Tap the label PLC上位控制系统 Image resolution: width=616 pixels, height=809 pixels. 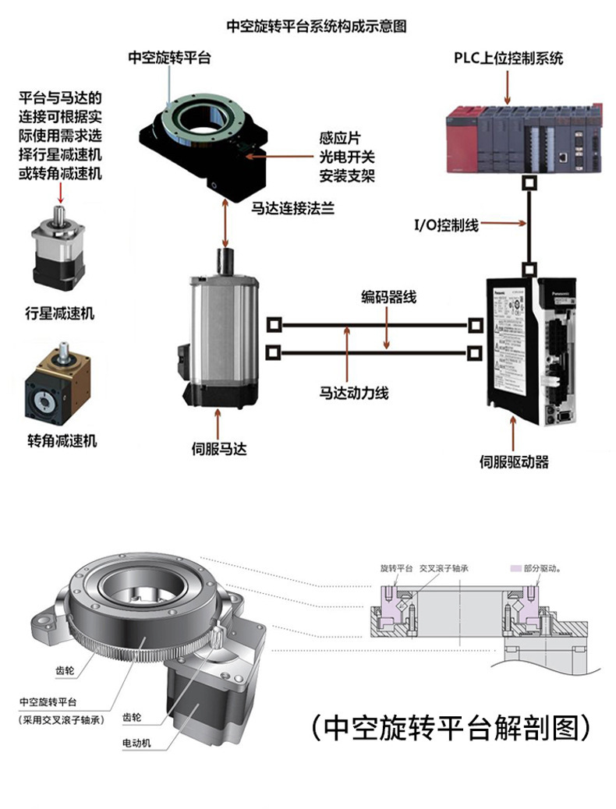coord(508,58)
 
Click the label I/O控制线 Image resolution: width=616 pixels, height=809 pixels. coord(446,225)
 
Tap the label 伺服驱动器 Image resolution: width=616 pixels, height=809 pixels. coord(514,462)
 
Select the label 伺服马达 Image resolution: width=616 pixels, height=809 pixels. coord(219,449)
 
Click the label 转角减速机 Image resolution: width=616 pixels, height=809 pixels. coord(62,441)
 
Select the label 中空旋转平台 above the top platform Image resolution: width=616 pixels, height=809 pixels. coord(169,57)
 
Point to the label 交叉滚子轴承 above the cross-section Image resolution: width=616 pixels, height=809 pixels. coord(443,569)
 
